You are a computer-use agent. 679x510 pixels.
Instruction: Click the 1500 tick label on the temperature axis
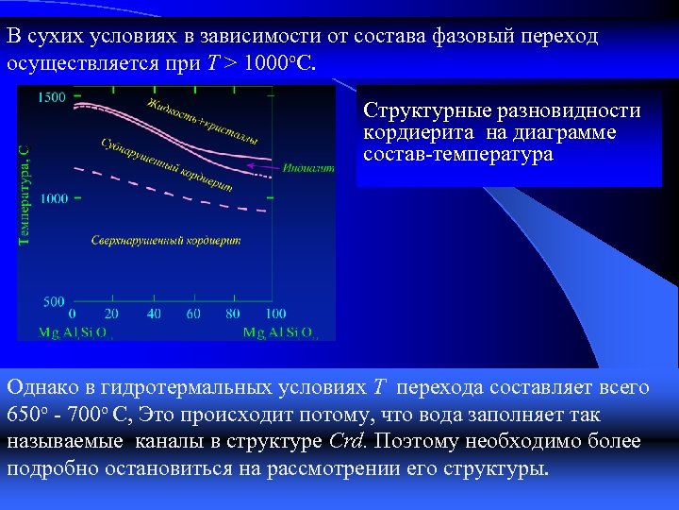tap(53, 96)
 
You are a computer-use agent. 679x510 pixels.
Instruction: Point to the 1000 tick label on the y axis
tap(53, 198)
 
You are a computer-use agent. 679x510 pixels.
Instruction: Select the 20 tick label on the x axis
tap(112, 314)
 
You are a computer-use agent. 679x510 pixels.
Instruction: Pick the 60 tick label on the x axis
tap(194, 314)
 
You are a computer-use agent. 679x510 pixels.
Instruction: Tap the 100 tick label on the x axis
tap(274, 314)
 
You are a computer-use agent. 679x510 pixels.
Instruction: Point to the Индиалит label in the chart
tap(307, 167)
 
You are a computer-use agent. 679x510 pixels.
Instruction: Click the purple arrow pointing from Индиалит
tap(262, 166)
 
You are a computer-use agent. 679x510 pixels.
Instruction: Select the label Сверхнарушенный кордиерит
tap(165, 241)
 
